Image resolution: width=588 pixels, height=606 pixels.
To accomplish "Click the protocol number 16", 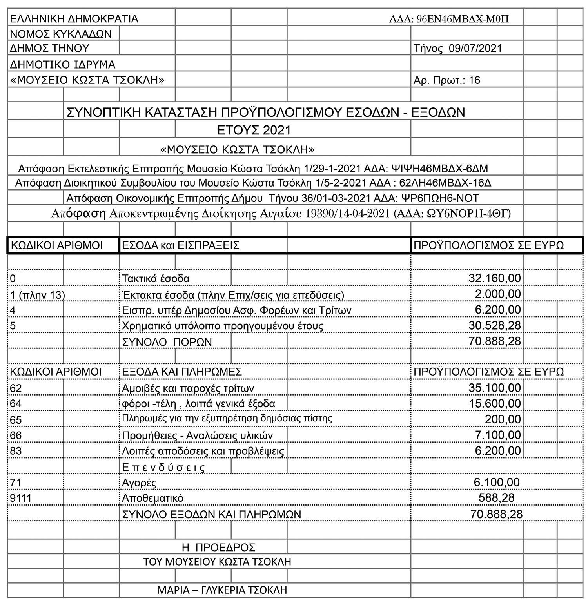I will [x=474, y=80].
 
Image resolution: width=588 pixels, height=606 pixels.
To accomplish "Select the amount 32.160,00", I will [x=495, y=278].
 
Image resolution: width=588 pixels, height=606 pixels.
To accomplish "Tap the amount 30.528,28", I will [x=495, y=325].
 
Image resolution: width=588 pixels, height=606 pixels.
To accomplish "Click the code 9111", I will [x=21, y=498].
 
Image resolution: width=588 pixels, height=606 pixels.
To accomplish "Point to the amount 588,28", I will [x=496, y=498].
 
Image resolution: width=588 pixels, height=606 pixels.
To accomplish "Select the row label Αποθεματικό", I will [x=153, y=498].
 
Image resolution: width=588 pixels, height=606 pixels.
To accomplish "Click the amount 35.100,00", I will [x=495, y=388].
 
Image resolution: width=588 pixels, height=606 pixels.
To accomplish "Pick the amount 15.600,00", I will [x=495, y=404].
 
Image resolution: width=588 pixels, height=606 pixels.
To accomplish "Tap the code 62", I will [x=16, y=388].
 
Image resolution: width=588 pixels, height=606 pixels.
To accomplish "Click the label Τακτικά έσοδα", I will [x=156, y=279].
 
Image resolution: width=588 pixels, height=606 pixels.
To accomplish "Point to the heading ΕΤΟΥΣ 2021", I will [x=254, y=130].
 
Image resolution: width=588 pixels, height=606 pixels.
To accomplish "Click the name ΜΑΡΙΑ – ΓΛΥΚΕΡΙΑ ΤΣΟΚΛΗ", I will [x=222, y=590].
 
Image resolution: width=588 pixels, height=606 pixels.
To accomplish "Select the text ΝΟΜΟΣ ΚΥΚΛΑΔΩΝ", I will [x=61, y=34].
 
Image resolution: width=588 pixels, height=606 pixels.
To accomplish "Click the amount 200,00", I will [x=503, y=419].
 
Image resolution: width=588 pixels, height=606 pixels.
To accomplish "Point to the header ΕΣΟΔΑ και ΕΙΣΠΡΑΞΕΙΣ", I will [x=181, y=245].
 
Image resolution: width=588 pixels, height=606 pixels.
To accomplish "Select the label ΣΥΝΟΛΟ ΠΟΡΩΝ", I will [x=167, y=342].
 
